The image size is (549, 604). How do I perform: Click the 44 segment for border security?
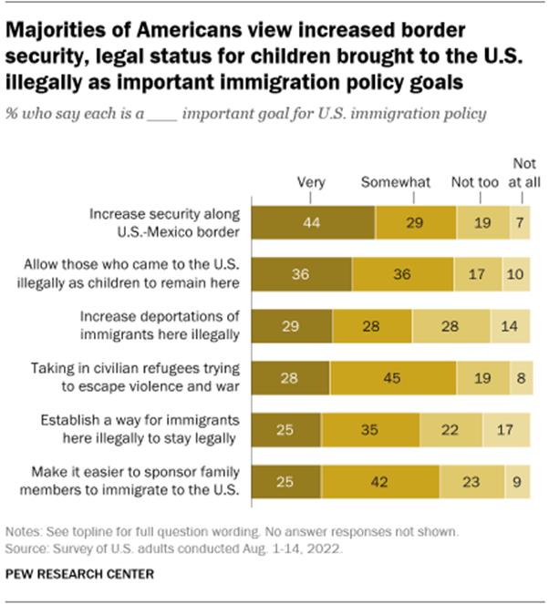(x=312, y=223)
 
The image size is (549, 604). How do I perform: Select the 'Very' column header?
(x=312, y=182)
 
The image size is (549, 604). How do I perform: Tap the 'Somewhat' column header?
(x=395, y=182)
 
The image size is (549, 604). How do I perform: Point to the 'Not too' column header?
(x=475, y=182)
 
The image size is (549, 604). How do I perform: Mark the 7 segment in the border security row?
(x=519, y=223)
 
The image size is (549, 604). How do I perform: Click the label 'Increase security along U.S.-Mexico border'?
(x=164, y=223)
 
